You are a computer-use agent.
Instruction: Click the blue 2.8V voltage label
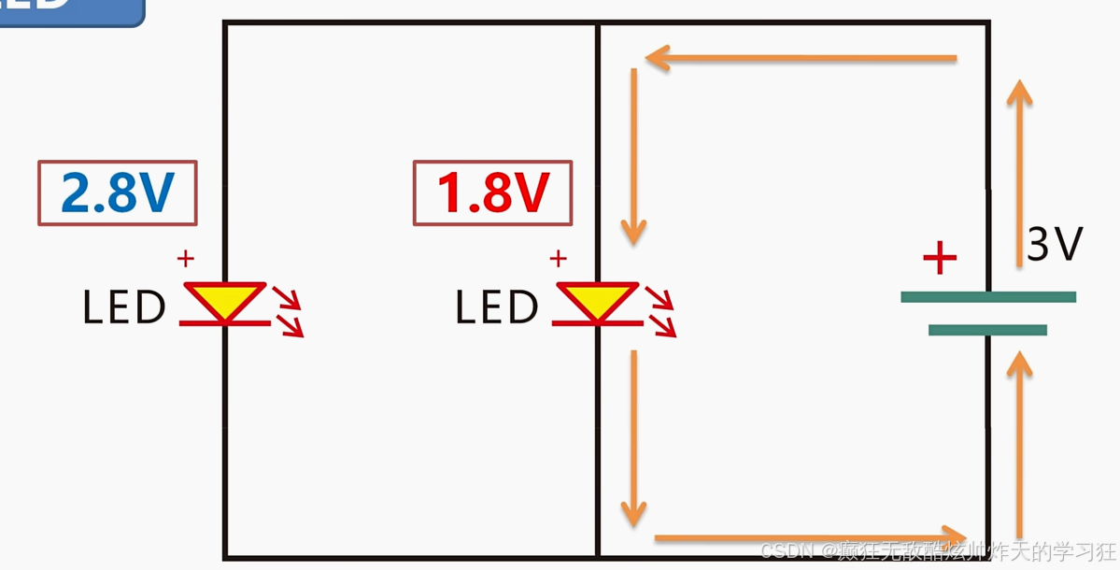tap(118, 193)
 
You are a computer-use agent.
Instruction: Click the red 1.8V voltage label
tap(492, 193)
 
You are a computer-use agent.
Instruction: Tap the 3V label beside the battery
tap(1055, 245)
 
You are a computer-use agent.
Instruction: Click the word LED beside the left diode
tap(124, 307)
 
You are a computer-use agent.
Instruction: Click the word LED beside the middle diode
tap(497, 307)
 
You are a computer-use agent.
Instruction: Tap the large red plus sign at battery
tap(940, 258)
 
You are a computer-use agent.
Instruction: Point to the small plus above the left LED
tap(186, 258)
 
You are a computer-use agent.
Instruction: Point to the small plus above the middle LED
tap(559, 258)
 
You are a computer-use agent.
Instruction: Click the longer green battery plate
tap(988, 297)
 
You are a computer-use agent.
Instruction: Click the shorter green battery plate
tap(987, 330)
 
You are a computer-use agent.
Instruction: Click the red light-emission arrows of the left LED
tap(288, 311)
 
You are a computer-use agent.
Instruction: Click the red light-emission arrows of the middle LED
tap(660, 311)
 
